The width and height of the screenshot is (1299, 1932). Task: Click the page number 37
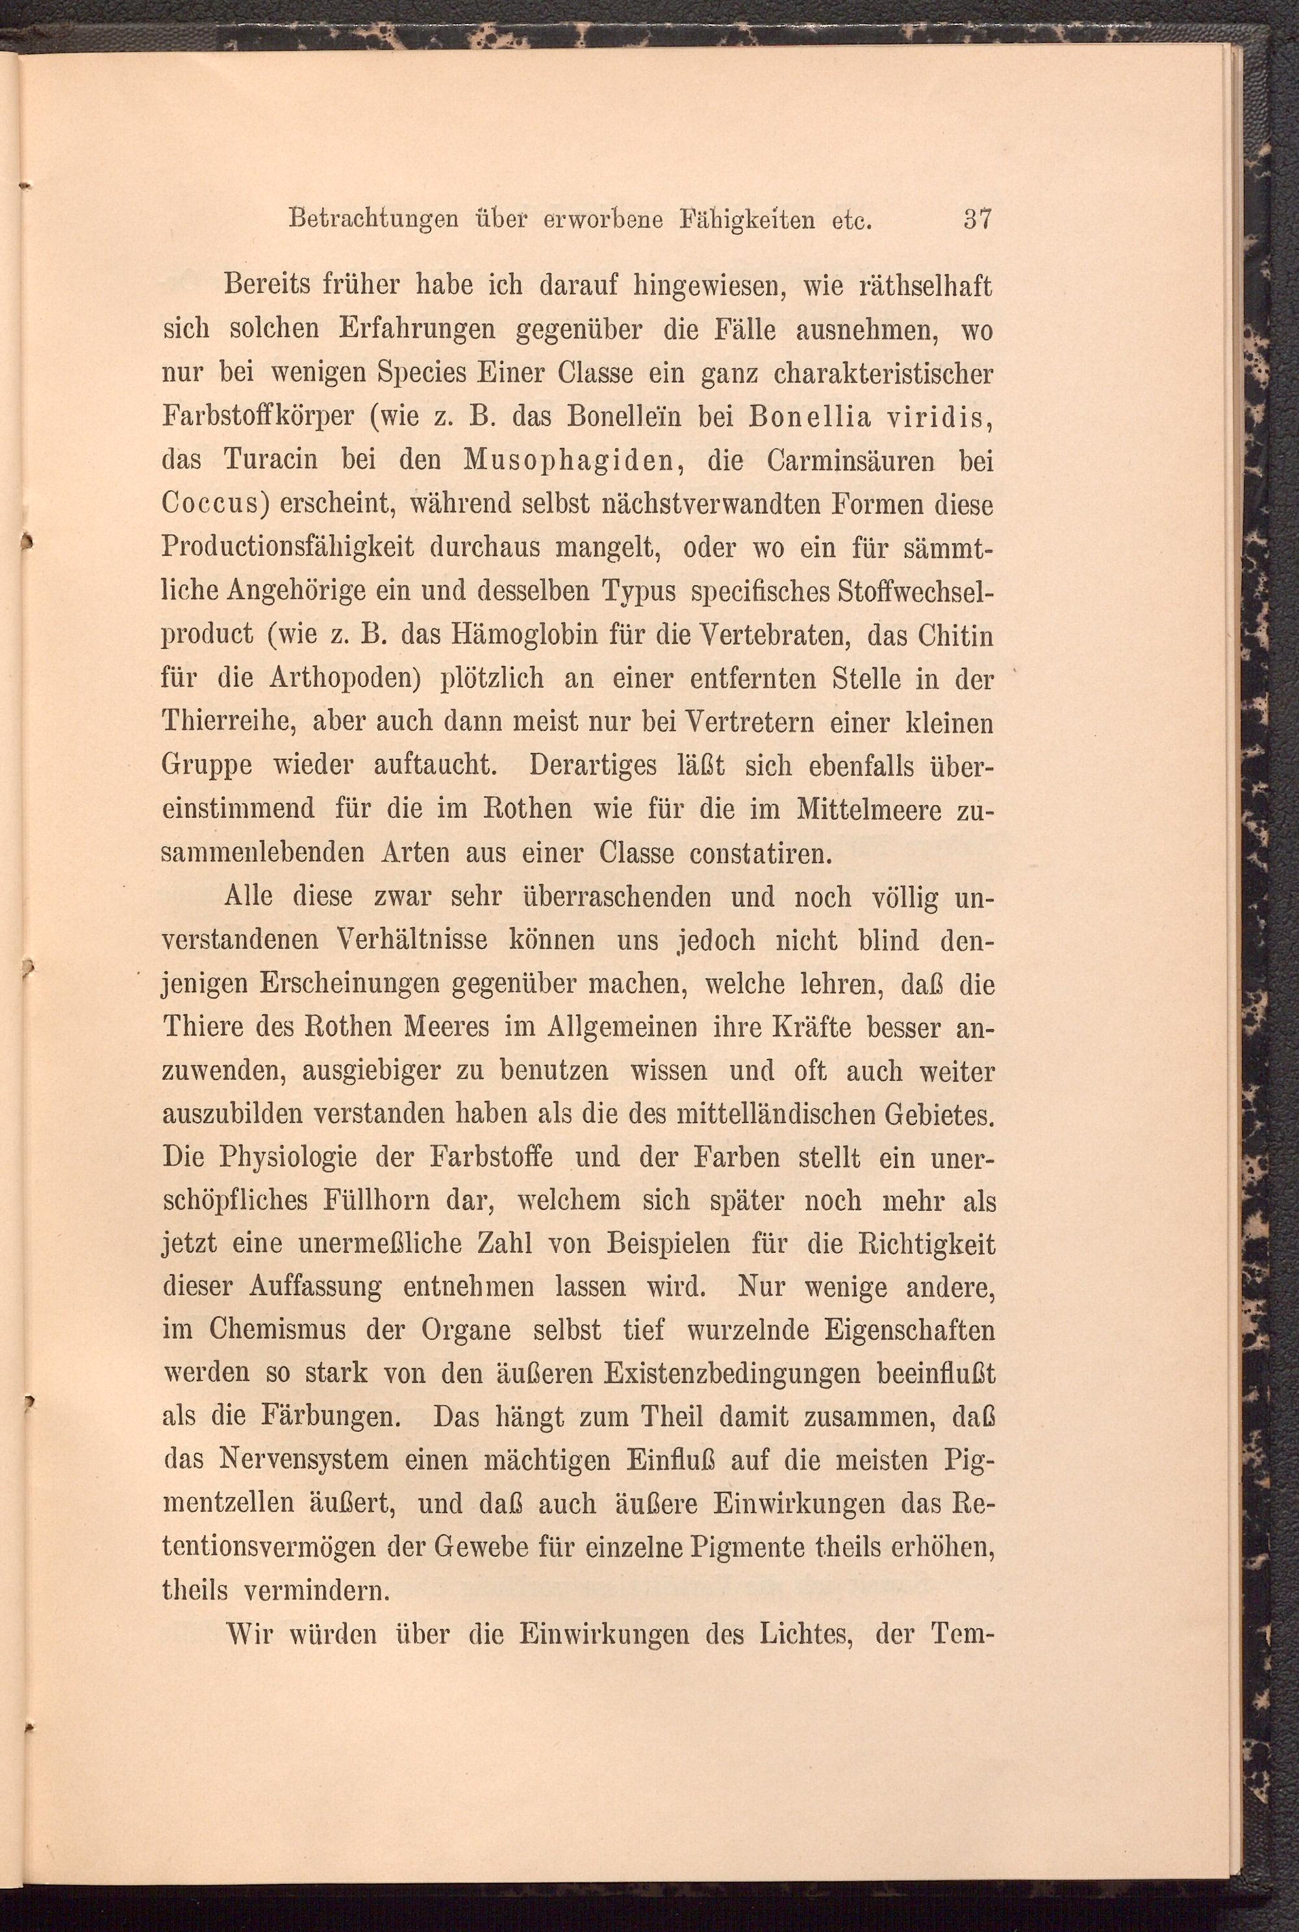point(977,221)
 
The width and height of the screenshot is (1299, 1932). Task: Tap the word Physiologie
point(286,1157)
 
